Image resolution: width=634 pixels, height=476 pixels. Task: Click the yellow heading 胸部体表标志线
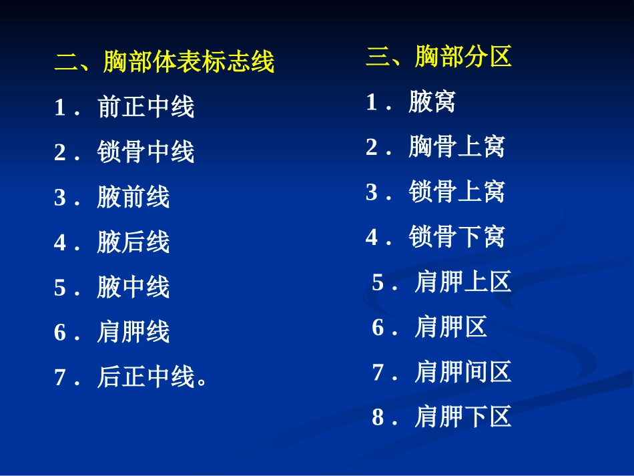click(189, 62)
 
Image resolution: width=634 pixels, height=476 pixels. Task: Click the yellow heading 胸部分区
click(463, 57)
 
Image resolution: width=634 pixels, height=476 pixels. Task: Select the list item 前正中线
click(145, 107)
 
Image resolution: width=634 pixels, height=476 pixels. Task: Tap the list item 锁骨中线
click(145, 152)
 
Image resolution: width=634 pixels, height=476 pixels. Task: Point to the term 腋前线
click(133, 197)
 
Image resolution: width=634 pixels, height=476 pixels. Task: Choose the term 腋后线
click(133, 242)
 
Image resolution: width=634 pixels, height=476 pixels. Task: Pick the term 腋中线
click(133, 287)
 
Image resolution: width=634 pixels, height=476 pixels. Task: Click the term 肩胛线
click(133, 332)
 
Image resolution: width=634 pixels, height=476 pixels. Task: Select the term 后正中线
click(145, 377)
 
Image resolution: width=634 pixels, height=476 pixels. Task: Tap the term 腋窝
click(432, 101)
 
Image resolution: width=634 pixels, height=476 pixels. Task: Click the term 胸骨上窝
click(456, 147)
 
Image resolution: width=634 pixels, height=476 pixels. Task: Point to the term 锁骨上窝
click(456, 192)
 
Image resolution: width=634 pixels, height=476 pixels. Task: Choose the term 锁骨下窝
click(456, 237)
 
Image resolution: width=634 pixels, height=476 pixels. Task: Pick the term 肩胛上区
click(462, 282)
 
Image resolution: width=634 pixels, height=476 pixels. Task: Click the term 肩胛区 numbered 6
click(450, 327)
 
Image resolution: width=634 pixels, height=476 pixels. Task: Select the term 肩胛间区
click(462, 372)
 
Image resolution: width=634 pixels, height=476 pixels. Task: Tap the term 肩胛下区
click(462, 417)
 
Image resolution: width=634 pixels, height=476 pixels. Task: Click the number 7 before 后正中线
click(60, 378)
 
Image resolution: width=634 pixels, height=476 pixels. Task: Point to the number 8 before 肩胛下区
click(378, 418)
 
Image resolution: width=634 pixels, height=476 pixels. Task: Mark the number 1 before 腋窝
click(371, 102)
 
